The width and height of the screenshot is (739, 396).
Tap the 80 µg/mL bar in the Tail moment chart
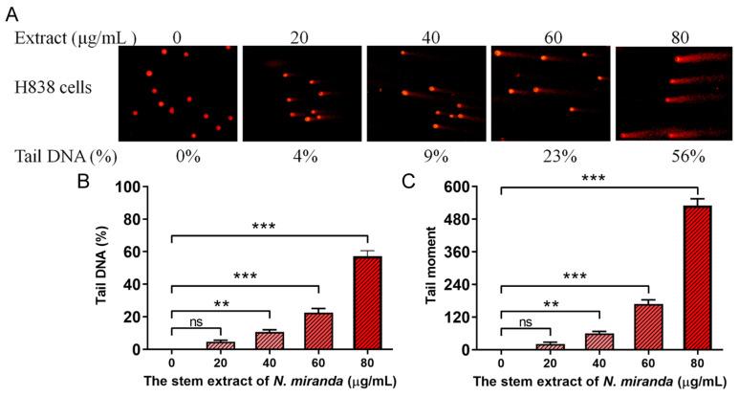699,277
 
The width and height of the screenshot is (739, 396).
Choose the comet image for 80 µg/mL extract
674,93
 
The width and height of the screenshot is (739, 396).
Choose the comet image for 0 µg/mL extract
177,93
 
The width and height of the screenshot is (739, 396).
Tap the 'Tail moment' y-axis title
432,269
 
